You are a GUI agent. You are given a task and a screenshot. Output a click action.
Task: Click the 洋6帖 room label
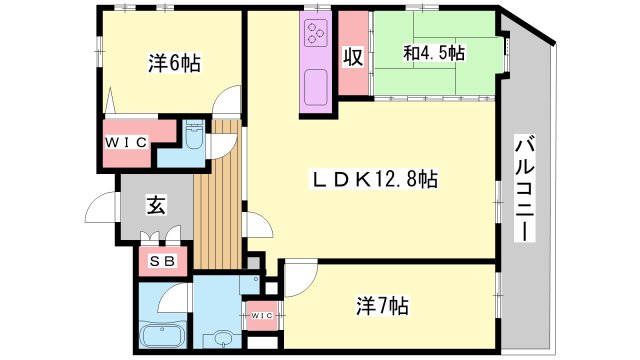(174, 64)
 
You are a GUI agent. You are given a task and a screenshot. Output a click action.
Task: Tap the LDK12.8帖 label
(376, 179)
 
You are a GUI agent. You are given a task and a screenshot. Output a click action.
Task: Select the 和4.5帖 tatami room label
(434, 53)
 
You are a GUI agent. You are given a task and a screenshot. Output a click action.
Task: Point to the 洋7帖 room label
(382, 305)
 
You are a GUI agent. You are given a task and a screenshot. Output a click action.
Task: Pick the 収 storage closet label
(353, 57)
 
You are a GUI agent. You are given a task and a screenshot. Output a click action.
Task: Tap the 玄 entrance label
(156, 205)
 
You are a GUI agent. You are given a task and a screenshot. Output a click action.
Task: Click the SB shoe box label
(163, 260)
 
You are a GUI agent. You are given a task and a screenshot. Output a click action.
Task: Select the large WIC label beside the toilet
(126, 142)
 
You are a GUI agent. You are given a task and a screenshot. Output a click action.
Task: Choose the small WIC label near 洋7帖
(261, 315)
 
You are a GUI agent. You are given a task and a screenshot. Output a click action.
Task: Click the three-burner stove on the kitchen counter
(316, 33)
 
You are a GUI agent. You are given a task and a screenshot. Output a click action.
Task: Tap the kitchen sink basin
(316, 87)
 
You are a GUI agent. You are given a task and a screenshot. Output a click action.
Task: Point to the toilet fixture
(194, 135)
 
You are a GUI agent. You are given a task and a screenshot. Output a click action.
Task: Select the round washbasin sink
(223, 338)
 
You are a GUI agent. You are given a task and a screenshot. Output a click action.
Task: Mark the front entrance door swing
(100, 207)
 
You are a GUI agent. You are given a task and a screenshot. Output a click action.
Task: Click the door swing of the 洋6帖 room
(227, 101)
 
